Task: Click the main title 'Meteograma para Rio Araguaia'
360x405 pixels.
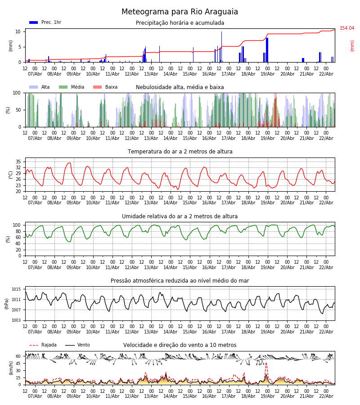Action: [x=180, y=12]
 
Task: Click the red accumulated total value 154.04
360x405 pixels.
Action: [x=347, y=28]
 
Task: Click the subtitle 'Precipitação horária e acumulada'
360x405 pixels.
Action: [x=180, y=23]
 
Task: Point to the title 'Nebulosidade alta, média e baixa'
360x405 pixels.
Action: [x=180, y=87]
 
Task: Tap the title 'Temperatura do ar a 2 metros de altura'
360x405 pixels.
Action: [x=180, y=152]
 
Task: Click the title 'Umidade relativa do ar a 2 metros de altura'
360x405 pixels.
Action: [x=180, y=216]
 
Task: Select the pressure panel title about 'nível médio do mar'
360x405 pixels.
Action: [x=180, y=281]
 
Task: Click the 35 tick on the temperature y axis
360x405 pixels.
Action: [x=18, y=162]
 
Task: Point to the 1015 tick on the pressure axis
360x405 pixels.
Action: [x=17, y=289]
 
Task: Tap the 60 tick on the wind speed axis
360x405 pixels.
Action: [x=18, y=356]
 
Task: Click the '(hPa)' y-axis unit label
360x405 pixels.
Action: [x=7, y=303]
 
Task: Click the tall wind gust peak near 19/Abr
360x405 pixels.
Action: [x=265, y=363]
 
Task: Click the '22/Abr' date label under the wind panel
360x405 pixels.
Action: [x=326, y=396]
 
